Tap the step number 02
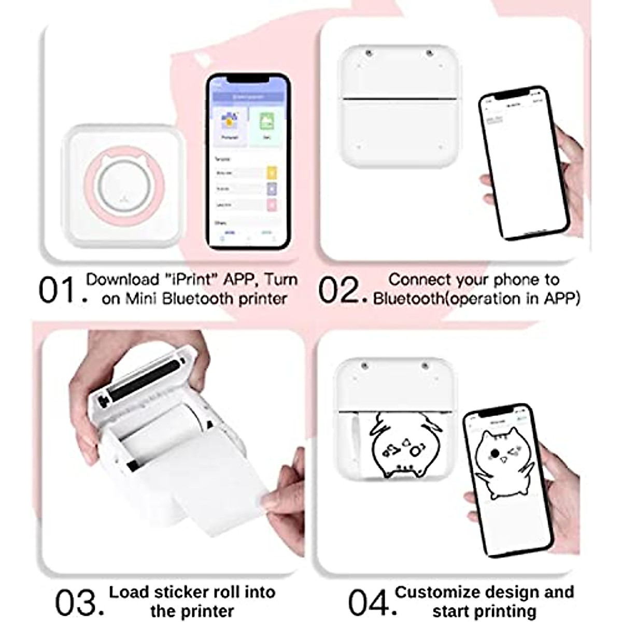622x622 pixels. [338, 290]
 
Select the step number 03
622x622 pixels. [75, 602]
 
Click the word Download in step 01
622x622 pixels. [122, 280]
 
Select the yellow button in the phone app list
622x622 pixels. [272, 173]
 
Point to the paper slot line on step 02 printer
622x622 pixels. [399, 98]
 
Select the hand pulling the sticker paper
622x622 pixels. [285, 492]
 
